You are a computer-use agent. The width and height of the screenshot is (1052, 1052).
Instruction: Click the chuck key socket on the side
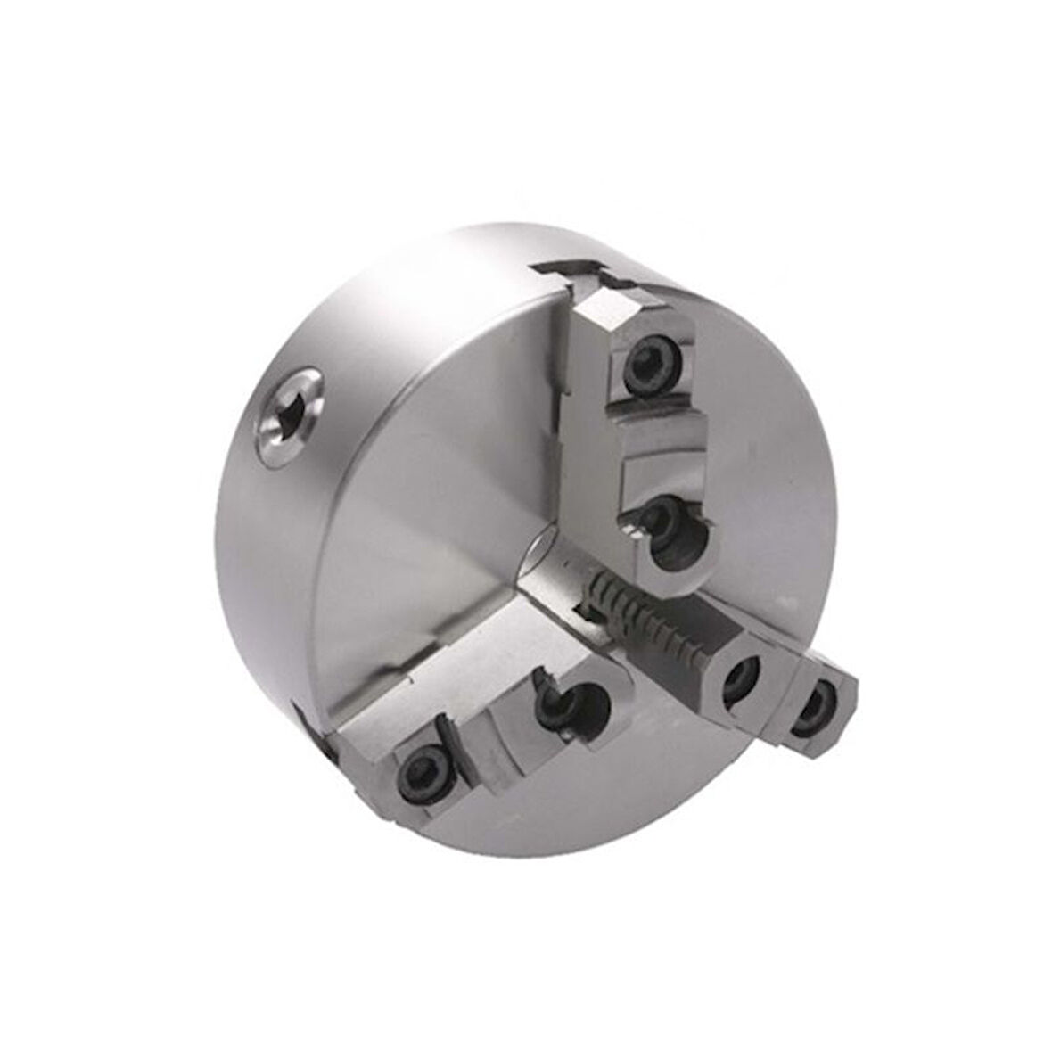(x=287, y=416)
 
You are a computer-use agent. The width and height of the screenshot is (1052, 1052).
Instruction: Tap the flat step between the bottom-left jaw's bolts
(x=481, y=727)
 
